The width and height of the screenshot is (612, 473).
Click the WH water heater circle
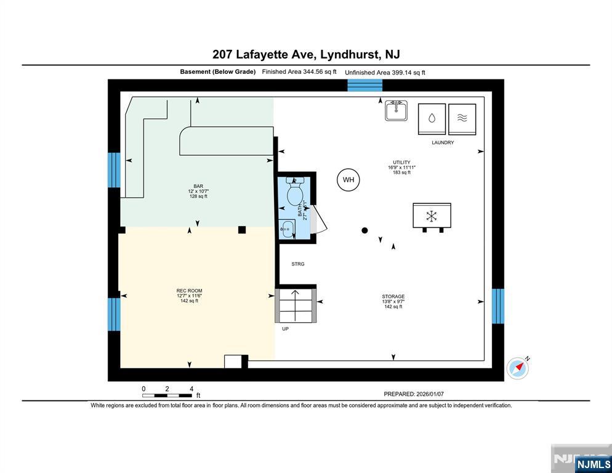coord(348,180)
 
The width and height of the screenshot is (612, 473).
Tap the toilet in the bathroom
coord(295,191)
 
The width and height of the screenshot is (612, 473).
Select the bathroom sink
coord(287,229)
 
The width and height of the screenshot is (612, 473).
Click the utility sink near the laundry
coord(396,110)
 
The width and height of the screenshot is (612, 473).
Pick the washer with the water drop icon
coord(432,119)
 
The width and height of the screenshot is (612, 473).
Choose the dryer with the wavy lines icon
coord(462,119)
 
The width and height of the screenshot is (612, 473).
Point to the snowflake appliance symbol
coord(432,216)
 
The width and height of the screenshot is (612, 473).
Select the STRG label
coord(298,264)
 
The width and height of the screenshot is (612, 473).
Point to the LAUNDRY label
coord(443,142)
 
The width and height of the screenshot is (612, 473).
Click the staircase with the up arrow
coord(296,305)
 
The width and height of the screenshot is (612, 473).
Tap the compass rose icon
coord(518,368)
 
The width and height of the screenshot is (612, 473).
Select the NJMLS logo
coord(594,464)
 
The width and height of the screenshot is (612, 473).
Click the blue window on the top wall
coord(365,85)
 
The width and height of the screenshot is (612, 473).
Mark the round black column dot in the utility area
coord(364,230)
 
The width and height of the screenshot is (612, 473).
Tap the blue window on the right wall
coord(497,306)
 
